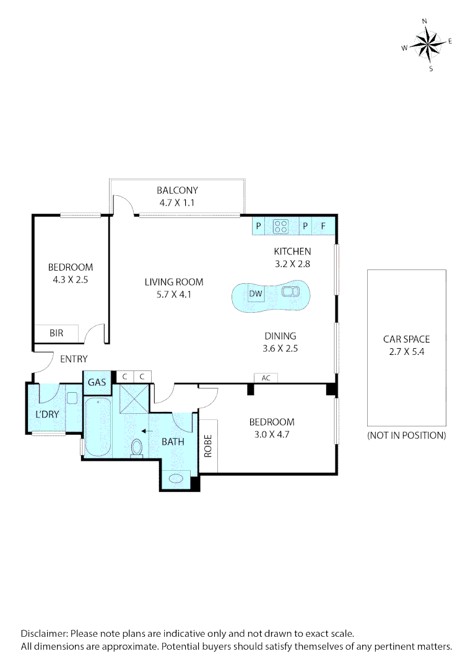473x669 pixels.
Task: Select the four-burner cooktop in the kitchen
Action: click(x=280, y=227)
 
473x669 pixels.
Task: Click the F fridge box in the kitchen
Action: click(x=323, y=226)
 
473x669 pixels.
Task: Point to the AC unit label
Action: click(x=266, y=378)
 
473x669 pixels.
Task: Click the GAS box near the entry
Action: click(x=97, y=383)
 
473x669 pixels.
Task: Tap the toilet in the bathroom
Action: click(x=137, y=447)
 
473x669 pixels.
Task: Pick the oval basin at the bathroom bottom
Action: click(x=176, y=478)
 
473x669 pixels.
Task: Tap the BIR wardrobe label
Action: click(x=56, y=333)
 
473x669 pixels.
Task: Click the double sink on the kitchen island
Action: click(x=290, y=291)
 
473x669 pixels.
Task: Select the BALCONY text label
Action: click(x=177, y=191)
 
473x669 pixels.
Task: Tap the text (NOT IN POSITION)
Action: click(x=406, y=435)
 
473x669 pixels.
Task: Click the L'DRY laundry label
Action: click(x=46, y=413)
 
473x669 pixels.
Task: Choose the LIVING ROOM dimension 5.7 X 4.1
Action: click(x=174, y=294)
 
